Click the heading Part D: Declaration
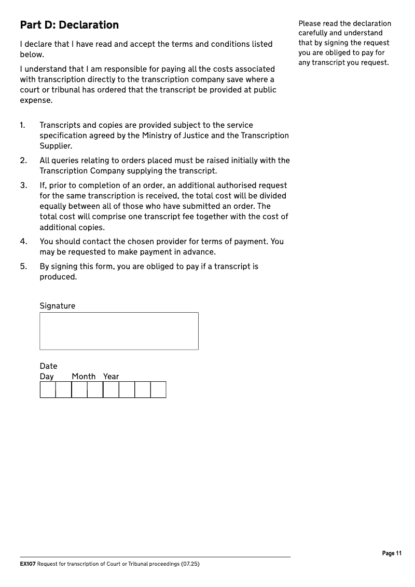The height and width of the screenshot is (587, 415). coord(69,25)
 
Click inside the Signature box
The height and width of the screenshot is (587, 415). coord(119,331)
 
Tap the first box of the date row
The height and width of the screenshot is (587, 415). coord(48,390)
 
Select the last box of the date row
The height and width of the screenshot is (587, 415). coord(158,390)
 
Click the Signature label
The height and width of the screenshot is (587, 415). coord(57,306)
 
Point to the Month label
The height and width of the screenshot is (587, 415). coord(84,377)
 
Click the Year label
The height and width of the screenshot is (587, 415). coord(111,377)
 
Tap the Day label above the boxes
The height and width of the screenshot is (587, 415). coord(47,377)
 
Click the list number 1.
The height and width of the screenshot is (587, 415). coord(22,125)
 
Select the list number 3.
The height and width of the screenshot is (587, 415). coord(23,185)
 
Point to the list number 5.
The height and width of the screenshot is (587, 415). coord(23,266)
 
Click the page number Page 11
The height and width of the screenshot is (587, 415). coord(392,553)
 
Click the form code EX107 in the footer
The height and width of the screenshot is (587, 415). coord(27,564)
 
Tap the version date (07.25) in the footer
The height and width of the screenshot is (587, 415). coord(190,564)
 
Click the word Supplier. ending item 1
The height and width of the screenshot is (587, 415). coord(56,146)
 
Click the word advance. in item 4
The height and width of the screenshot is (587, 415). coord(200,252)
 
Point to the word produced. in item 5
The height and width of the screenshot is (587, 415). coord(58,277)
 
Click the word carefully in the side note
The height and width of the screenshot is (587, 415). coord(312,33)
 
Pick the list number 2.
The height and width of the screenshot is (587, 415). coord(23,161)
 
